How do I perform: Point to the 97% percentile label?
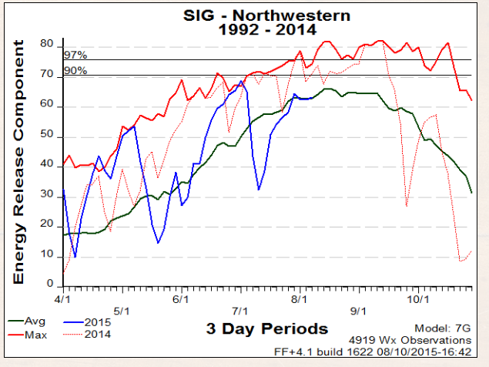pos(75,56)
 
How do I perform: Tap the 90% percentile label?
pos(75,71)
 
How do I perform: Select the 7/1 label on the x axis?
pos(240,311)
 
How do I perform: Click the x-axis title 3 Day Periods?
pos(266,329)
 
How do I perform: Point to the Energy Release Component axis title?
pos(21,162)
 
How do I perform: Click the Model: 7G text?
pos(443,327)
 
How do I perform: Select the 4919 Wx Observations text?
pos(420,339)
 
